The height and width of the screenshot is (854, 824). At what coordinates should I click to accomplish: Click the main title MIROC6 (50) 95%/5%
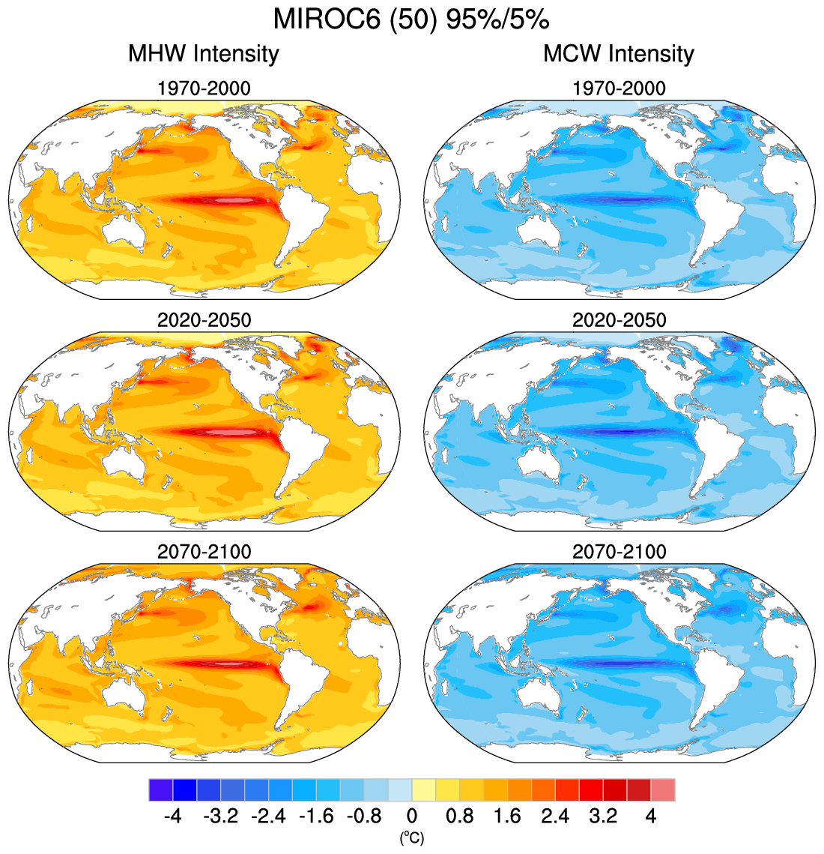tap(411, 19)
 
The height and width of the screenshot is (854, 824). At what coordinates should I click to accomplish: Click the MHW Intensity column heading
tap(203, 54)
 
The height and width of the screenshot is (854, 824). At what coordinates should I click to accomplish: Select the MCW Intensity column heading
tap(619, 54)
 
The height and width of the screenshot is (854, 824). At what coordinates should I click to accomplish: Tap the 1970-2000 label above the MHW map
tap(204, 88)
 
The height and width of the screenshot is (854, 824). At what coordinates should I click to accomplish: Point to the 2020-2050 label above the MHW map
tap(204, 320)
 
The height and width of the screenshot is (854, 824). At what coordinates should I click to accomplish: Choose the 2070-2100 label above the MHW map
tap(204, 552)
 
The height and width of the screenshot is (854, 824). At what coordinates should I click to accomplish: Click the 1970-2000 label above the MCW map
tap(619, 88)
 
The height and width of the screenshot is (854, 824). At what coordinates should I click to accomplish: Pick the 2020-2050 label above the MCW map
tap(619, 320)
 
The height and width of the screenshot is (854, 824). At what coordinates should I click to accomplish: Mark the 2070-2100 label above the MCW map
tap(619, 552)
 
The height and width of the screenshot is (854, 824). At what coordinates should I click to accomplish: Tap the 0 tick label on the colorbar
tap(412, 816)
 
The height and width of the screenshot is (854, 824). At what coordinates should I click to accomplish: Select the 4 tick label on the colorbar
tap(651, 816)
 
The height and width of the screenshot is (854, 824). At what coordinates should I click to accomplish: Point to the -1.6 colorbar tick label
tap(316, 816)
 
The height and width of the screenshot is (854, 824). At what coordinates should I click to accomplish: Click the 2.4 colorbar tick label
tap(555, 816)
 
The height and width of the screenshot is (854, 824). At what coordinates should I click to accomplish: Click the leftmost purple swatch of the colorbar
tap(161, 790)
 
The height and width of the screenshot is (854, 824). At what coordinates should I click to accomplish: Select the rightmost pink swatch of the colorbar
tap(663, 790)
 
